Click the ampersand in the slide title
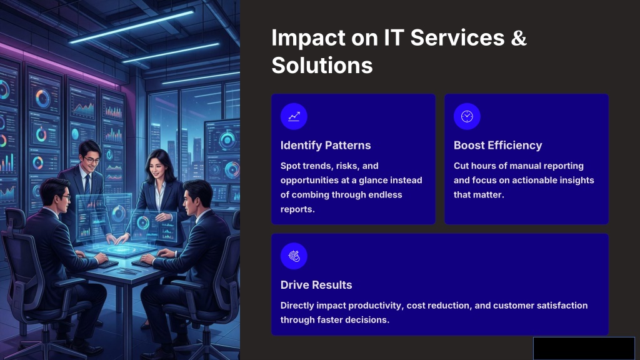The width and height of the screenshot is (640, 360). (518, 37)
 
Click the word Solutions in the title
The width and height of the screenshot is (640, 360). (322, 65)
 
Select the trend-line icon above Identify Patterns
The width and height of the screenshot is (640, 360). (294, 116)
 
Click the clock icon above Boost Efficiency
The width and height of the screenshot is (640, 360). (467, 116)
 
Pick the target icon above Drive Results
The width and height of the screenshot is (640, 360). (294, 256)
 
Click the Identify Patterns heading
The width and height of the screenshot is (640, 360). (326, 145)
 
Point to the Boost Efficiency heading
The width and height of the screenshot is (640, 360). (498, 145)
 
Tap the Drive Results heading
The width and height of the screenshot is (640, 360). (316, 285)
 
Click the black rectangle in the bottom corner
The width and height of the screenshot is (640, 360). (584, 348)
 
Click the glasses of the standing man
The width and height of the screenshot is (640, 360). (91, 160)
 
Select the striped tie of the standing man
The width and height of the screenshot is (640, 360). (87, 185)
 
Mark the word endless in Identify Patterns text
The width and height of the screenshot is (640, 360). (385, 195)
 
